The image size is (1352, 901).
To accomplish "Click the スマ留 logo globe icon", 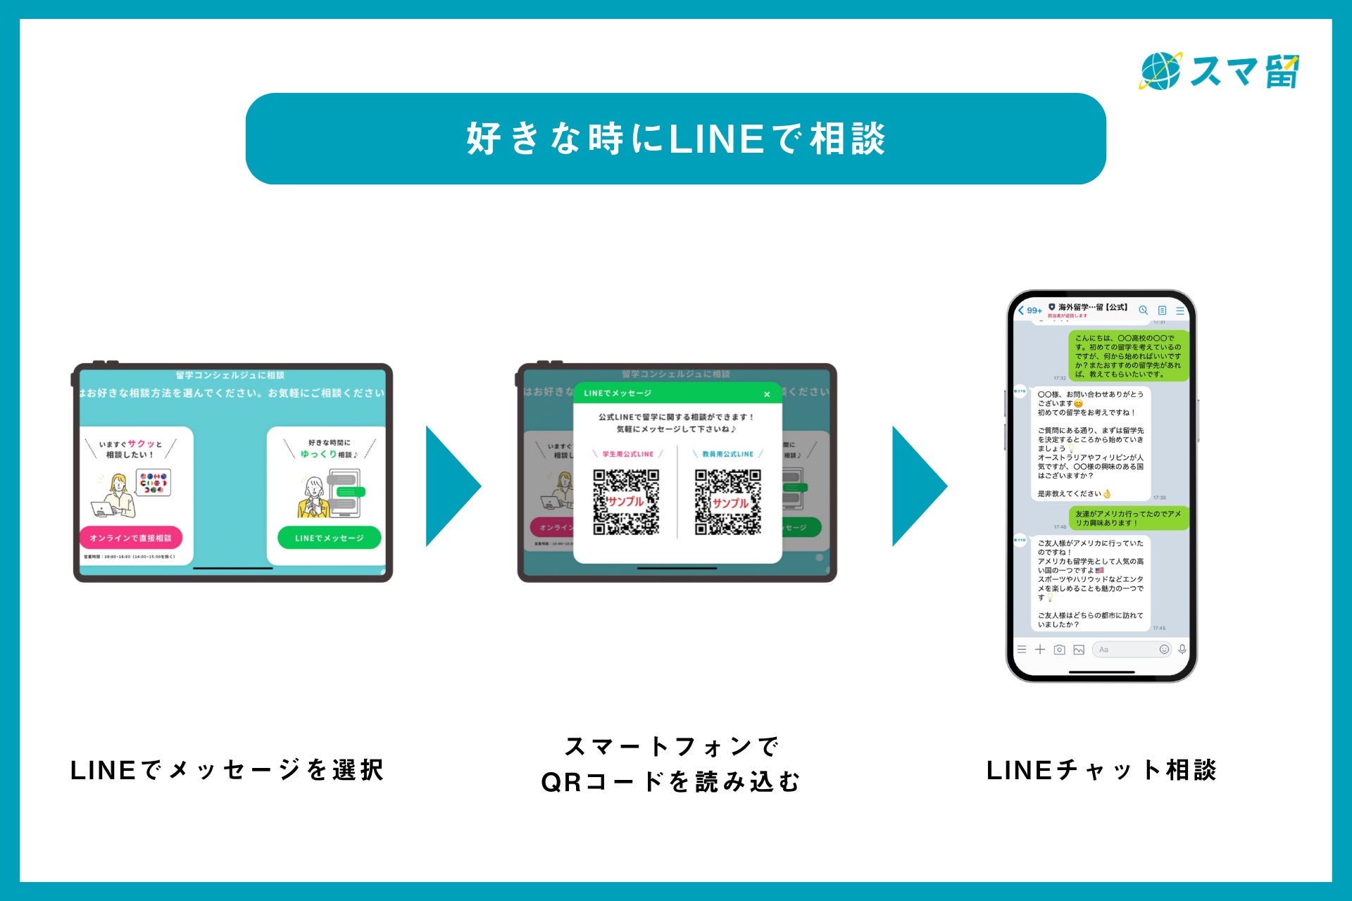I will click(1160, 71).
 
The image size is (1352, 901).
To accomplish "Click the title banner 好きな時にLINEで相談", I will click(675, 139).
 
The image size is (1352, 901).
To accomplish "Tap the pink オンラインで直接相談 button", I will click(131, 538).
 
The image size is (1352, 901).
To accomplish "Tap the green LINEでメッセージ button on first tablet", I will click(329, 538).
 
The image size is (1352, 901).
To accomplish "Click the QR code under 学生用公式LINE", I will click(626, 502).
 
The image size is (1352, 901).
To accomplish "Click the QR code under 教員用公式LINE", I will click(728, 502).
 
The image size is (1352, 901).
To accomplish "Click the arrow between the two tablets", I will click(451, 486).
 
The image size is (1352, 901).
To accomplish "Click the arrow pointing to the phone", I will click(918, 486).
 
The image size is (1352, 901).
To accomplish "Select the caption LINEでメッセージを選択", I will click(227, 770).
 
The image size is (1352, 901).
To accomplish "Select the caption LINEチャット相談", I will click(1101, 770).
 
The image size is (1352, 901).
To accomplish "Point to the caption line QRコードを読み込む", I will click(670, 782).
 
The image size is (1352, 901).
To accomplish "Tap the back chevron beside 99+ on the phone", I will click(1021, 310).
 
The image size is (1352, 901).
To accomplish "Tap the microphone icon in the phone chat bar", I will click(1182, 650).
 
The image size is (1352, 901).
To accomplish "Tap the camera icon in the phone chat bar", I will click(1059, 650).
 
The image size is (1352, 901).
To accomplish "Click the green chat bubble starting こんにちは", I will click(1128, 356).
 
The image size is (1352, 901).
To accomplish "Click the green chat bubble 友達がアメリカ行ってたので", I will click(1128, 519).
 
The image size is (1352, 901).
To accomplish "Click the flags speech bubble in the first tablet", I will click(154, 482).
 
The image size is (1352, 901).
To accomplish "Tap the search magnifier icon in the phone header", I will click(1143, 310).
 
